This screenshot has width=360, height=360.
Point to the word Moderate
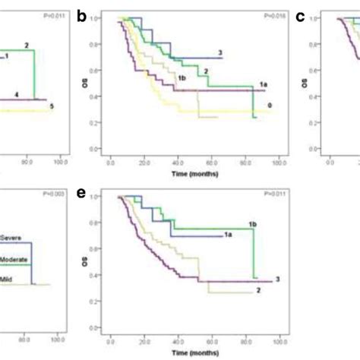(17, 260)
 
